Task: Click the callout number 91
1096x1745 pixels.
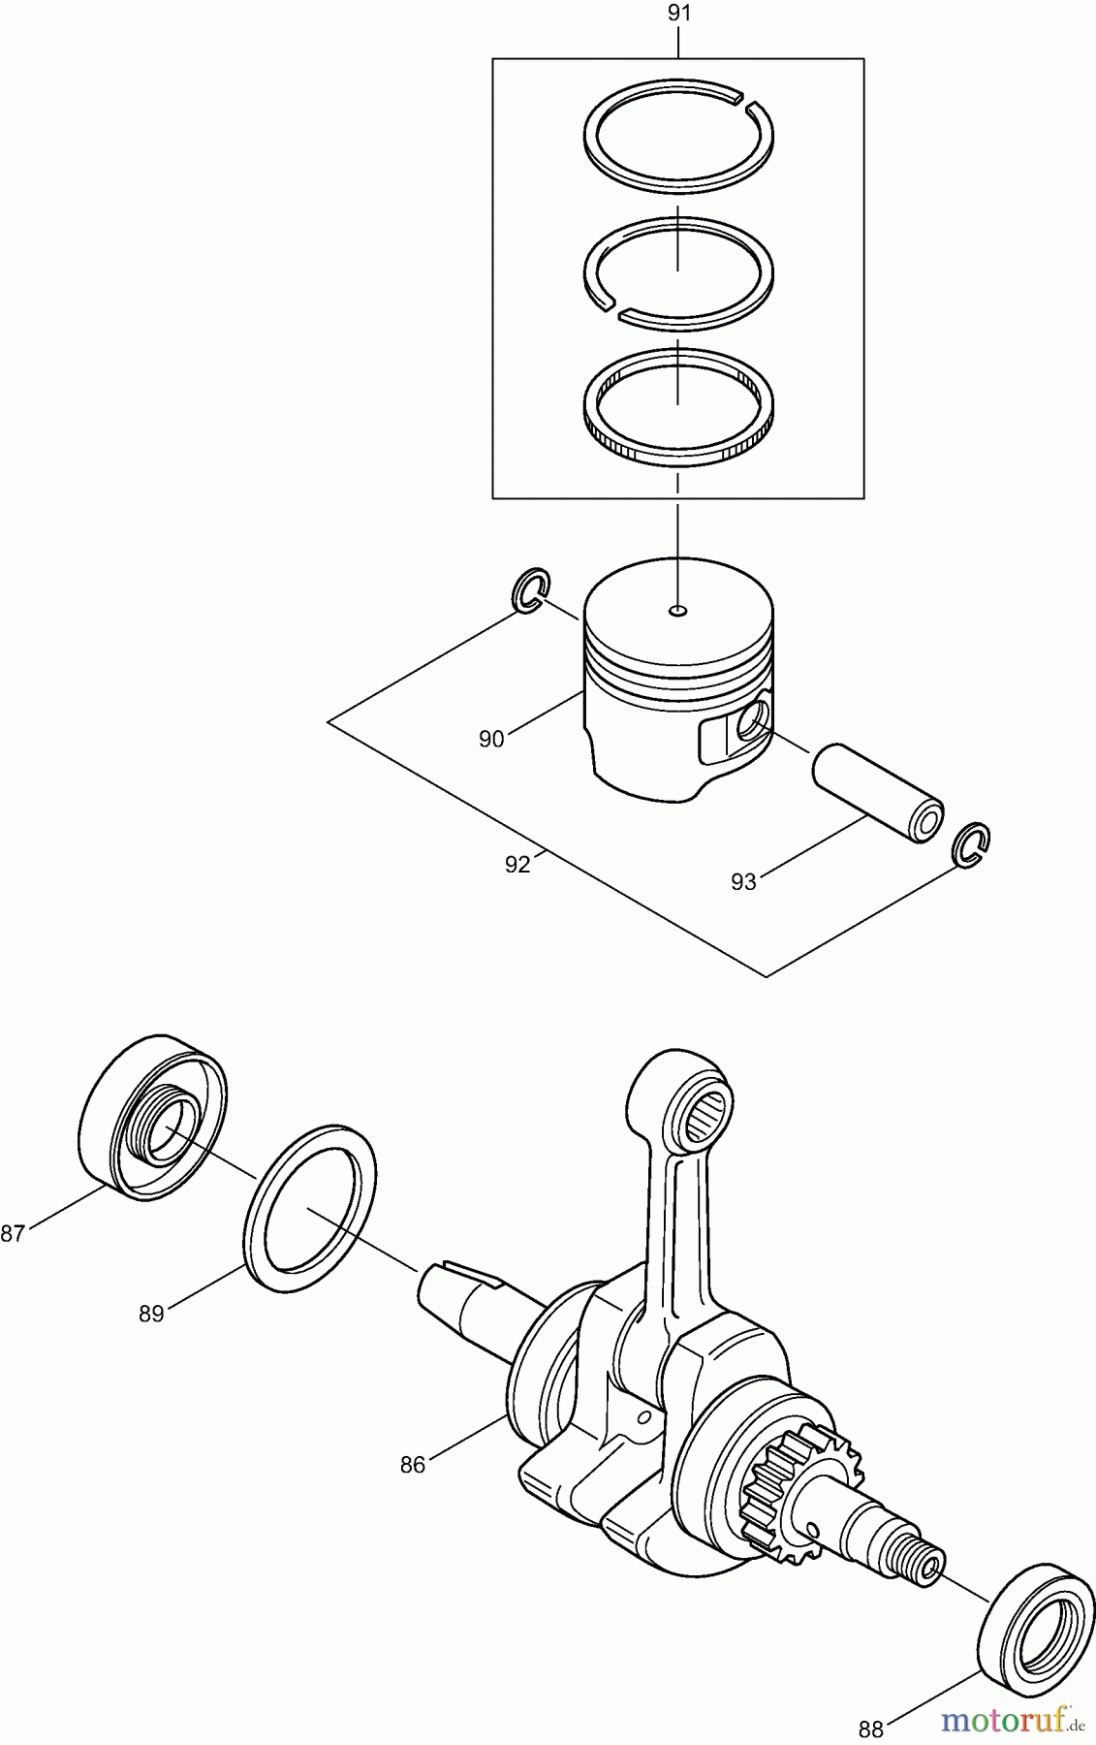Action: pyautogui.click(x=678, y=14)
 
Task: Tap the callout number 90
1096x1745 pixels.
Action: pyautogui.click(x=491, y=739)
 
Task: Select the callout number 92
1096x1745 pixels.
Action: pyautogui.click(x=517, y=865)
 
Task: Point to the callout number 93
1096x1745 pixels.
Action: pyautogui.click(x=743, y=882)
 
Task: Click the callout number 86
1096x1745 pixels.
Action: pyautogui.click(x=413, y=1465)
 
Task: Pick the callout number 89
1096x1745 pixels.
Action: pyautogui.click(x=151, y=1314)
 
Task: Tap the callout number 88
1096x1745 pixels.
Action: pyautogui.click(x=871, y=1729)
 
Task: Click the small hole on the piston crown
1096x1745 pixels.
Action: pyautogui.click(x=678, y=611)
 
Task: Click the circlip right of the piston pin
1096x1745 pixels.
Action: pyautogui.click(x=972, y=843)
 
